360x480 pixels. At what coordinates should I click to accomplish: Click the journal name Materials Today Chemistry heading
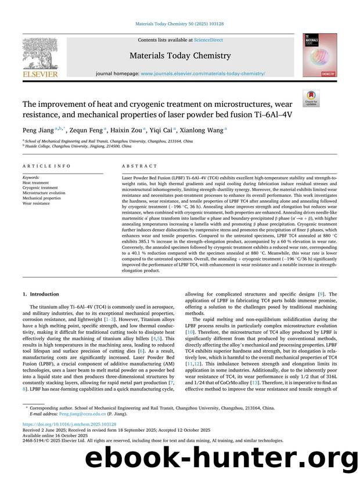pos(180,56)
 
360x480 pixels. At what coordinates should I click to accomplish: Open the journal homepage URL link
pos(203,74)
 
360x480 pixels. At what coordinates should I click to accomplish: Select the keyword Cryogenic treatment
pos(40,188)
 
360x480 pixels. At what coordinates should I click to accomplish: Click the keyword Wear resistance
pos(36,203)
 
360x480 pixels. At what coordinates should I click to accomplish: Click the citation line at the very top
pos(180,23)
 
